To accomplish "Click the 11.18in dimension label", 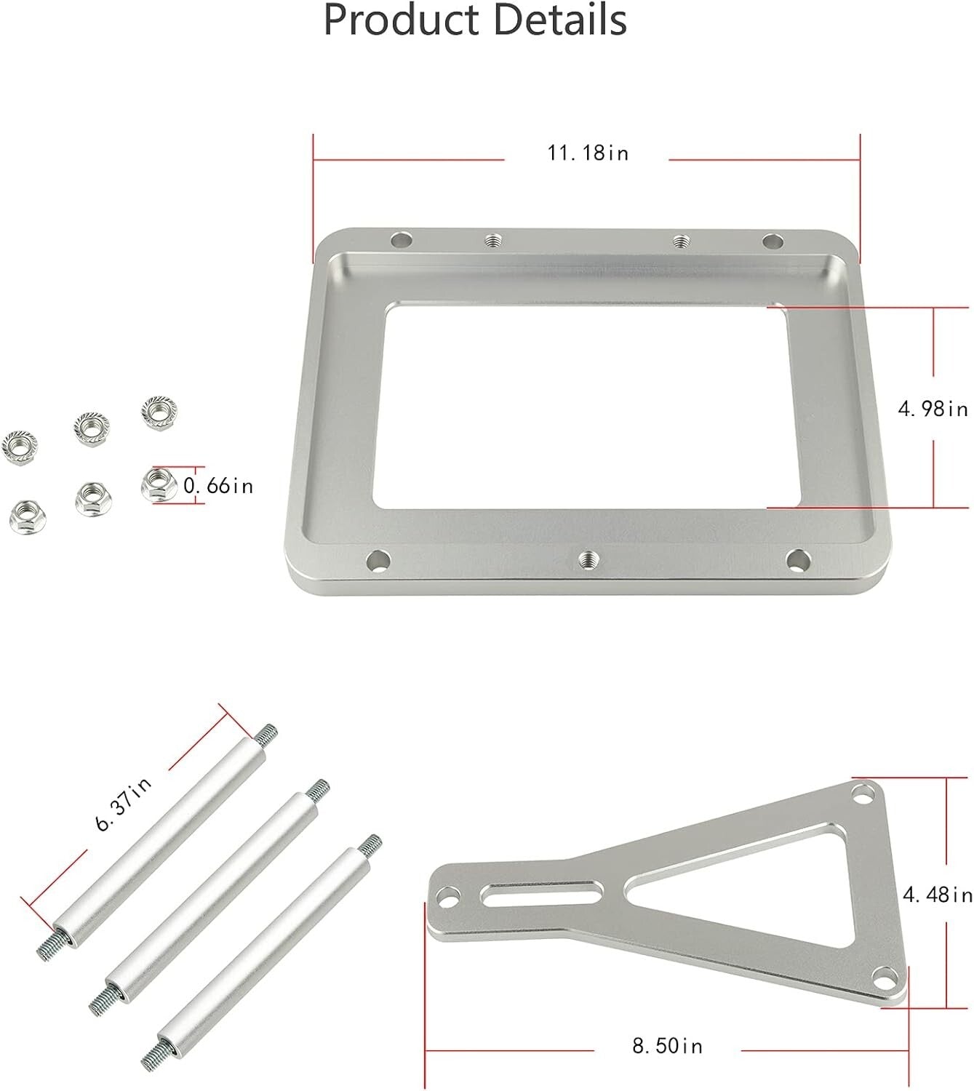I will click(x=588, y=153).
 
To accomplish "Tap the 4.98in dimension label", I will click(x=933, y=409).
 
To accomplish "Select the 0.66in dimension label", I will click(x=218, y=485).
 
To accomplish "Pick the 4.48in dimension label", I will click(x=937, y=894).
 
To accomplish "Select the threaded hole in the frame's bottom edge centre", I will click(x=588, y=559).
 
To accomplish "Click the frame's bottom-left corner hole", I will click(x=378, y=560).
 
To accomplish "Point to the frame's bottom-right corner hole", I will click(x=797, y=559).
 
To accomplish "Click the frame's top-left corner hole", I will click(x=401, y=239).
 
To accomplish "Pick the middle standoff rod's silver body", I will click(x=210, y=883).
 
